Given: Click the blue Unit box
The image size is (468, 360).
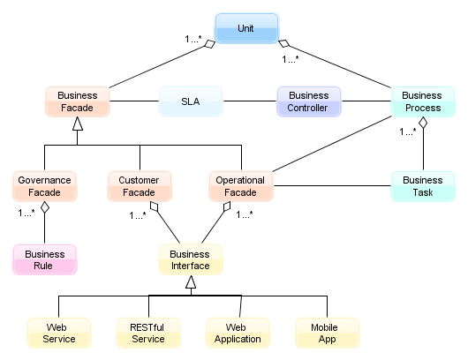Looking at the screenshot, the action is point(246,28).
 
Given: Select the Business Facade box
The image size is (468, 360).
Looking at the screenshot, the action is point(78,101).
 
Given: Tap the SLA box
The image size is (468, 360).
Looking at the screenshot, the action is point(191,101).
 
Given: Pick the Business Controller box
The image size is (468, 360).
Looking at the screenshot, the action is point(309,101).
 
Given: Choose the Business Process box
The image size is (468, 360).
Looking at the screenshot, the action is point(423,101).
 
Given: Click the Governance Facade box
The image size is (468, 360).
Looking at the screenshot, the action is point(45,186).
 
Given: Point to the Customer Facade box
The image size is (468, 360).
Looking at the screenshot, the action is point(140,186).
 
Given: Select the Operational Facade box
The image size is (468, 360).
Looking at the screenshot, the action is point(241,186).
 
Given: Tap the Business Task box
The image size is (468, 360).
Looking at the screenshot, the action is point(423,186).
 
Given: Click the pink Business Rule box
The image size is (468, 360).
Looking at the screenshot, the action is point(45,259).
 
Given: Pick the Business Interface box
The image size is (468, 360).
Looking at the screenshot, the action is point(191,259).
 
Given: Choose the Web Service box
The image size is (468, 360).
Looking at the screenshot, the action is point(59,333).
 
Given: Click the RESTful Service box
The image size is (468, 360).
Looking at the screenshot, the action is point(148,333).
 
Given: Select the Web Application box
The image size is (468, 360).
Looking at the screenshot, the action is point(238,333).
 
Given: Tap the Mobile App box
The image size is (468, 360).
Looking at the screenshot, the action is point(327,333).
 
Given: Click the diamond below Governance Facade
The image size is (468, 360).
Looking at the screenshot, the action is point(45,207).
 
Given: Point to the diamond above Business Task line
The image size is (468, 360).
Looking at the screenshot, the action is point(423,123).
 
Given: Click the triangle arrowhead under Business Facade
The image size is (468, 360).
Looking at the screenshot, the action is point(78,124).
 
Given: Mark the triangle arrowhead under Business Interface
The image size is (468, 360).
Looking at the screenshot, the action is point(191,281).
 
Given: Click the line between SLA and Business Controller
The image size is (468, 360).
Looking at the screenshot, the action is point(250,101).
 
